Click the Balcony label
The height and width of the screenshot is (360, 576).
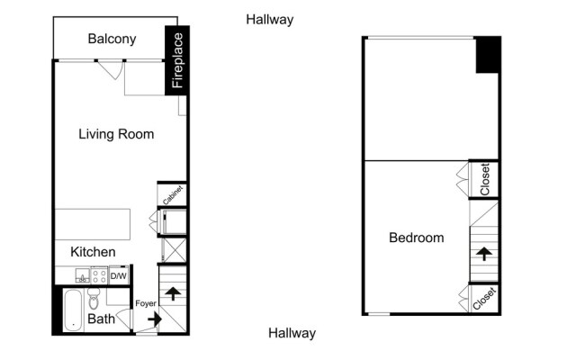(112, 39)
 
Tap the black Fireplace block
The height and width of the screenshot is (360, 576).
(177, 60)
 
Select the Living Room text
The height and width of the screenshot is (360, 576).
(116, 134)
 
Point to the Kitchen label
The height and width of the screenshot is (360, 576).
(94, 252)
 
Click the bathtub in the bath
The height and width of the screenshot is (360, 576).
(71, 310)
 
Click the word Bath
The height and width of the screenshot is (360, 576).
(101, 319)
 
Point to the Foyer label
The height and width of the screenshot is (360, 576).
(146, 303)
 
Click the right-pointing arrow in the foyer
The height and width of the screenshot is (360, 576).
(153, 319)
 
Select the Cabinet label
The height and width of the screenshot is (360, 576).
(173, 194)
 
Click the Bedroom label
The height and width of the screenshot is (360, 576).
(416, 238)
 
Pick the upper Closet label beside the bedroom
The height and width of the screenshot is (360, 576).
(485, 179)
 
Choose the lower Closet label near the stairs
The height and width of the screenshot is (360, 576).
(485, 298)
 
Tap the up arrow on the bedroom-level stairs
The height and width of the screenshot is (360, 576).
(483, 253)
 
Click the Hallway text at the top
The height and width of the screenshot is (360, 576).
(269, 19)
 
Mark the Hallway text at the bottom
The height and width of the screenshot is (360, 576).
(292, 333)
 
